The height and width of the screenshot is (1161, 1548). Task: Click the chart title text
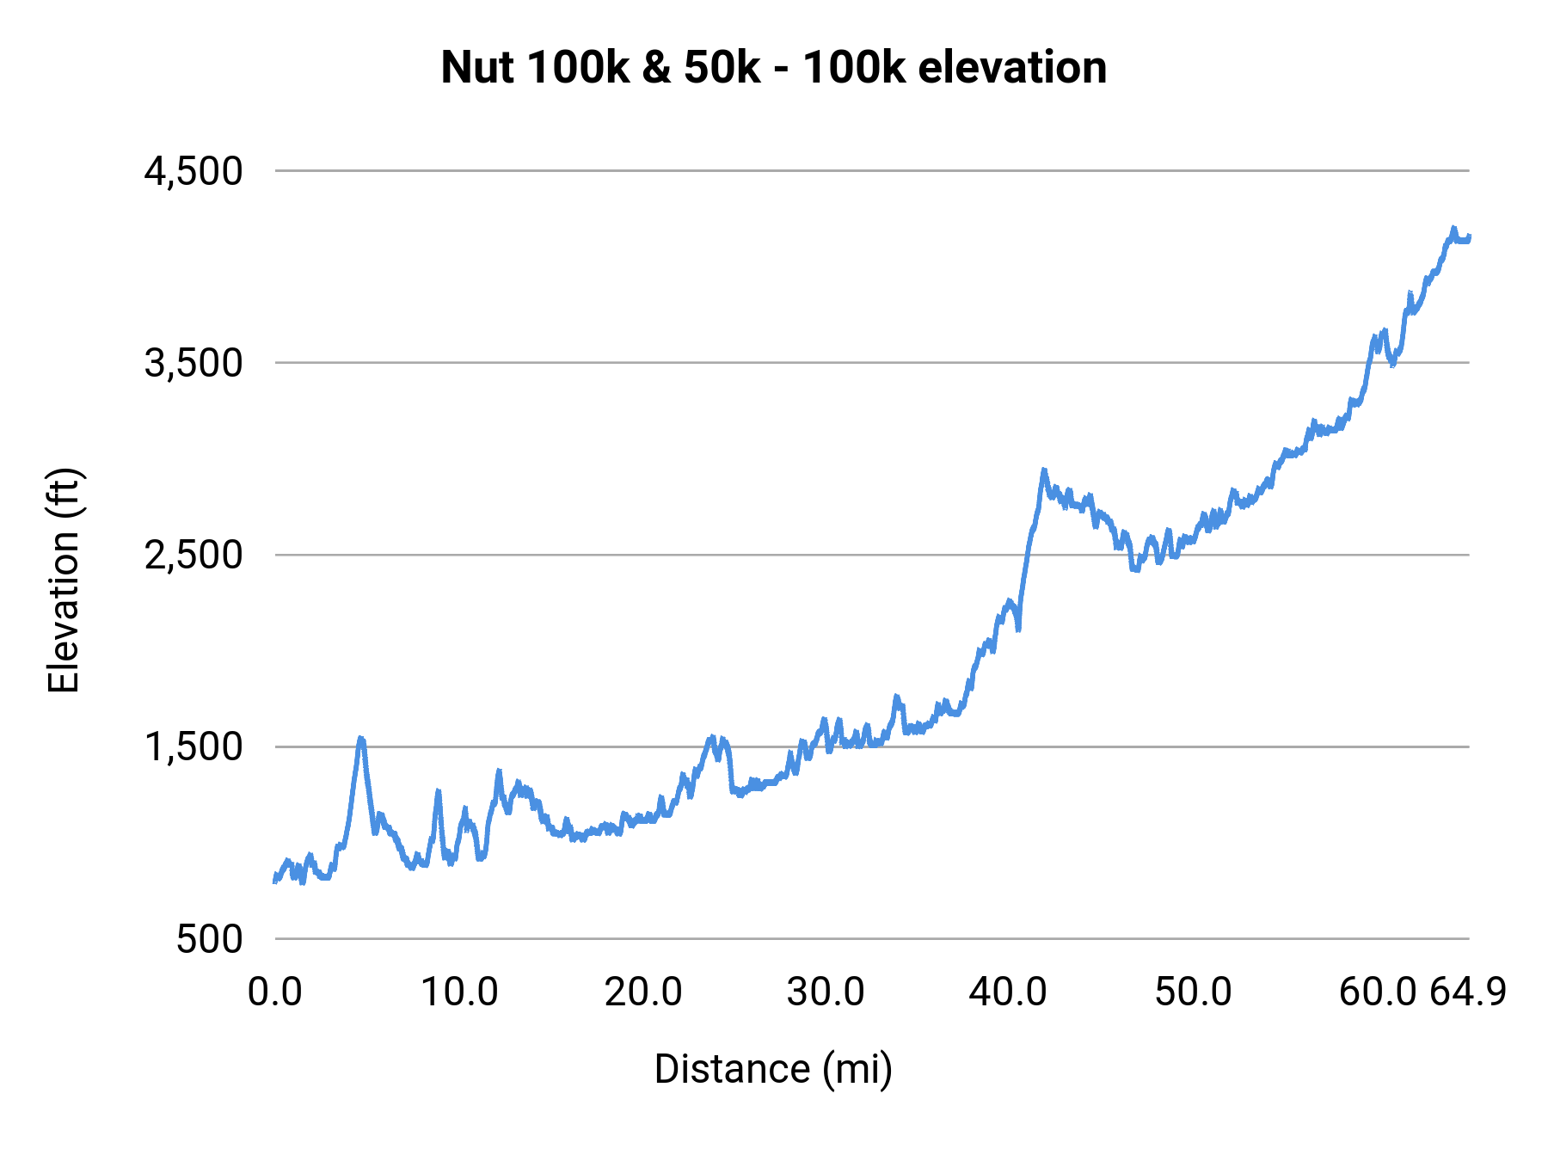[773, 67]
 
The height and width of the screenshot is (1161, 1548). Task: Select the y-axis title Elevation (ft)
[63, 580]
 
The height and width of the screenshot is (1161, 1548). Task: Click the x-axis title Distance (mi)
[773, 1069]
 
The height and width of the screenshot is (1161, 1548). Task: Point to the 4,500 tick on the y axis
[193, 171]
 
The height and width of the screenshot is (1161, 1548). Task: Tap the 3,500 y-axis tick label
[193, 363]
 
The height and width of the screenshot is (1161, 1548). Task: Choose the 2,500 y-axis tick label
[193, 555]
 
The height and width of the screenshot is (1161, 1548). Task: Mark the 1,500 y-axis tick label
[193, 746]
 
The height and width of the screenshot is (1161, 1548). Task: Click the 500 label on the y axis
[209, 938]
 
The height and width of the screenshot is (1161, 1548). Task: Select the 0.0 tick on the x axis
[275, 992]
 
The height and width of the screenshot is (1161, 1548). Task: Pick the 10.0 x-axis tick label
[459, 992]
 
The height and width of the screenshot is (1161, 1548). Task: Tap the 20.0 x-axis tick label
[643, 992]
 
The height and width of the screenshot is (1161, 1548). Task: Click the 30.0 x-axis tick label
[826, 992]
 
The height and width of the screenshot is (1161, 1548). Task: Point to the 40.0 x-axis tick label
[1008, 992]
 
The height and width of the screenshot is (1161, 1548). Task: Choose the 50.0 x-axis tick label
[1193, 992]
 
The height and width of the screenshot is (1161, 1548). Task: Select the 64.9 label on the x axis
[1468, 992]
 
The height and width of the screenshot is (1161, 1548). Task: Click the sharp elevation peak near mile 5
[361, 738]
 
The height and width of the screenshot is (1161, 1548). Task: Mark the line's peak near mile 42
[1044, 470]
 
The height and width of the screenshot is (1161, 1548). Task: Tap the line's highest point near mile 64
[1453, 228]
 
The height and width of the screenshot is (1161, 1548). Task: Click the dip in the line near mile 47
[1135, 568]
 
